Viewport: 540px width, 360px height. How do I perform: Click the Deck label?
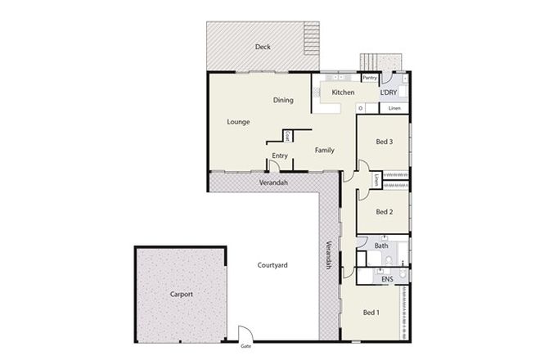[263, 47]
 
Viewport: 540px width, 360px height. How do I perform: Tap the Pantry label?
[370, 79]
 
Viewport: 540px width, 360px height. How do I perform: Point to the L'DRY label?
[389, 92]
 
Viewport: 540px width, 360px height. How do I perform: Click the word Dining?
[283, 100]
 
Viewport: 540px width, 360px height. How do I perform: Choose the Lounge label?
[238, 122]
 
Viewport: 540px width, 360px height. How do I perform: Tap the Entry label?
[280, 155]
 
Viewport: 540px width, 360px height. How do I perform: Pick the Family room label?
[325, 151]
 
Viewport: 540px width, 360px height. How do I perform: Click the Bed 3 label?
[385, 142]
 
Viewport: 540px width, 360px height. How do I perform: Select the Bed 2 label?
[385, 211]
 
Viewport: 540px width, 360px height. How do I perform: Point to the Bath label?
[381, 245]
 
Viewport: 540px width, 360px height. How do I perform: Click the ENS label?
[388, 279]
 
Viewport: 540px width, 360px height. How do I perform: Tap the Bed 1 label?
[371, 312]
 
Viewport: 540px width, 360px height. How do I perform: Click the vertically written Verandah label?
[329, 254]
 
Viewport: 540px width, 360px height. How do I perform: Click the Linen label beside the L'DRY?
[394, 108]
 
